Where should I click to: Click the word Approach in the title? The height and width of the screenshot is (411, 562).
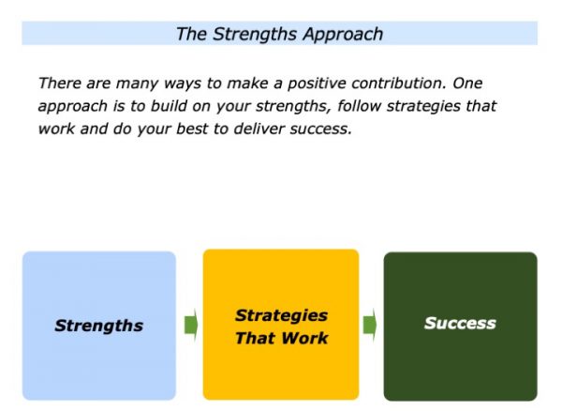(343, 35)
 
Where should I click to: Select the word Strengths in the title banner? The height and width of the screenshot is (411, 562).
(255, 35)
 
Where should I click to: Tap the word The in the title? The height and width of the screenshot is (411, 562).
(191, 34)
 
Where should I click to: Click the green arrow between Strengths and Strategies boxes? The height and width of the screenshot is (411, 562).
(191, 326)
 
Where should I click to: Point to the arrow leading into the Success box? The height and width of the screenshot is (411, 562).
(370, 326)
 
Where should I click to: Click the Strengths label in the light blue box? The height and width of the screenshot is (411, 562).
(99, 326)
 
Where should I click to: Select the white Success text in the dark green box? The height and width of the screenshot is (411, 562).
(460, 324)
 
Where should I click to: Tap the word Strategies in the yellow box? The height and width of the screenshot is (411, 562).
(281, 316)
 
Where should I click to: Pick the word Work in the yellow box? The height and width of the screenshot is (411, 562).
(304, 338)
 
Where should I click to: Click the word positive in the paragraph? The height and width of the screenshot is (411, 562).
(317, 84)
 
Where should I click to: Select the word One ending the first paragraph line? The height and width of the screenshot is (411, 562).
(467, 84)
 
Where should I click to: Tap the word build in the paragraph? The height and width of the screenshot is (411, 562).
(169, 106)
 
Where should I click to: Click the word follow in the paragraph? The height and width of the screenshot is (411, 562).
(359, 106)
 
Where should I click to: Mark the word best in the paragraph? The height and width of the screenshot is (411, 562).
(192, 129)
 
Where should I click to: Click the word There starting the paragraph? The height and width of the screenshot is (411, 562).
(60, 84)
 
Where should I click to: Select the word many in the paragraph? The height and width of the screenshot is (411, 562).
(137, 84)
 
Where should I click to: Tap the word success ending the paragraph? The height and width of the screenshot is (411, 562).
(321, 129)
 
